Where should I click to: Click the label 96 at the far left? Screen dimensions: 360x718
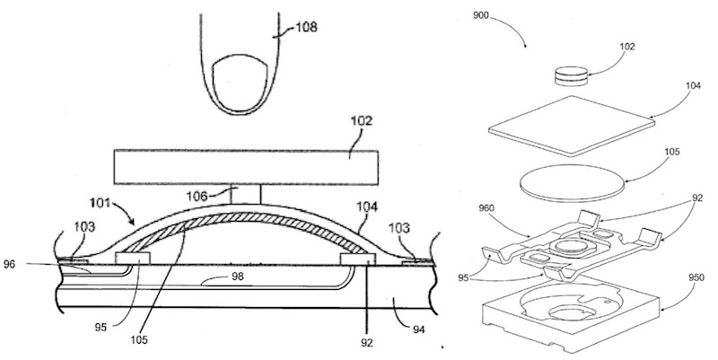(x=11, y=265)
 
